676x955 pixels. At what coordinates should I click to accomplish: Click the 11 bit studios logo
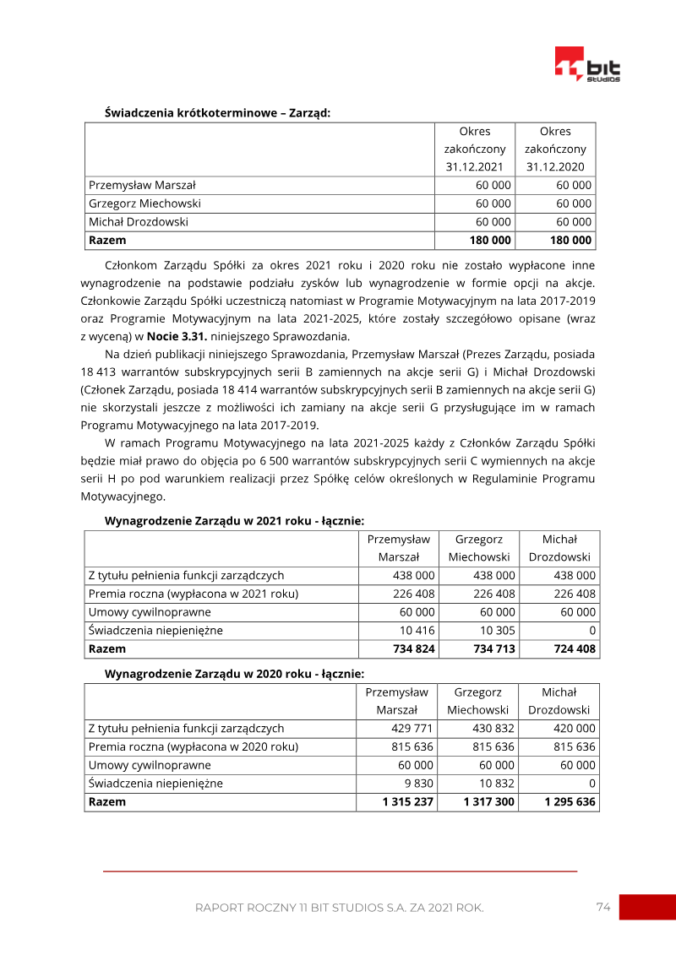[587, 64]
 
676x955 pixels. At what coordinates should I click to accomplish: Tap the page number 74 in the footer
[602, 907]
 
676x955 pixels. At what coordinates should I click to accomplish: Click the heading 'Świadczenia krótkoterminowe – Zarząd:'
[217, 111]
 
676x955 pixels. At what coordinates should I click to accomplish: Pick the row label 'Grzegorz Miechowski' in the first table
[144, 203]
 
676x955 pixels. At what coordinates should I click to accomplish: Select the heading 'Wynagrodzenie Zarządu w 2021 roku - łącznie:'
[234, 521]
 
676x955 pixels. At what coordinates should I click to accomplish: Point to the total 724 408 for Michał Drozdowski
[575, 649]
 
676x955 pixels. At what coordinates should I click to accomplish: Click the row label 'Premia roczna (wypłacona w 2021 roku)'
[194, 594]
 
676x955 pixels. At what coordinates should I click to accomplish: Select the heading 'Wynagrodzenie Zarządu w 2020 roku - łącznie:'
[234, 673]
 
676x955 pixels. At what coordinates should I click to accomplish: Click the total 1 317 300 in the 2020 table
[488, 801]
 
